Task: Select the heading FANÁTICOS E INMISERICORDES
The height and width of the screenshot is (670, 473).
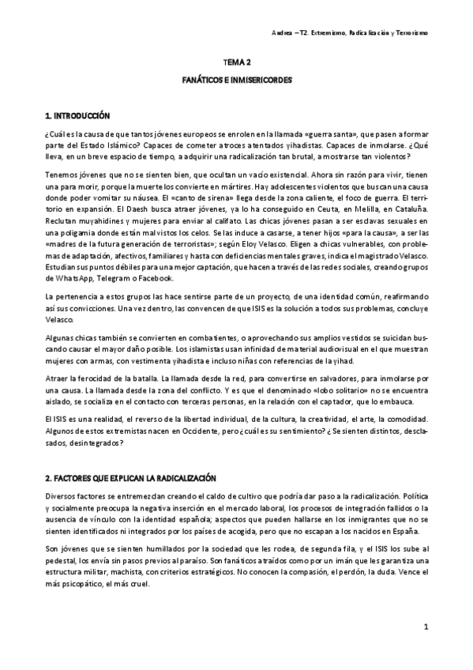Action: coord(237,80)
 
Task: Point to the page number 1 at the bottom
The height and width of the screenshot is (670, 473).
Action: coord(425,627)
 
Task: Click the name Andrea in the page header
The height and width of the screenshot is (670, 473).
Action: coord(294,34)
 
